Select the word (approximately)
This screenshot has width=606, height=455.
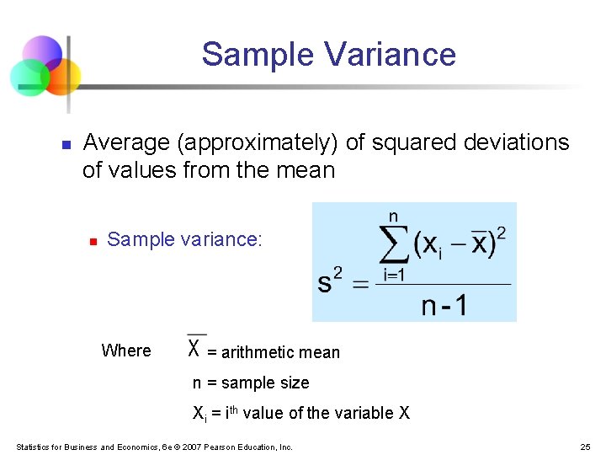(x=258, y=143)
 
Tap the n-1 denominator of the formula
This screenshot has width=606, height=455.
(x=444, y=304)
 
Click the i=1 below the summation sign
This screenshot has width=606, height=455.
(x=395, y=274)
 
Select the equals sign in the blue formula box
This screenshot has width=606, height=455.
(x=359, y=284)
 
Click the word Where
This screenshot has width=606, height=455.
(x=126, y=351)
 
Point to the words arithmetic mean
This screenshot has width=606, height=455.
(x=280, y=352)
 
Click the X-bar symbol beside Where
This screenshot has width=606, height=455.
(x=195, y=346)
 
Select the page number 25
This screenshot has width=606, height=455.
(x=586, y=447)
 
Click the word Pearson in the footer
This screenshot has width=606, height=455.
(x=221, y=447)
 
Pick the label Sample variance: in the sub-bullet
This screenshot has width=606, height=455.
(x=185, y=239)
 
